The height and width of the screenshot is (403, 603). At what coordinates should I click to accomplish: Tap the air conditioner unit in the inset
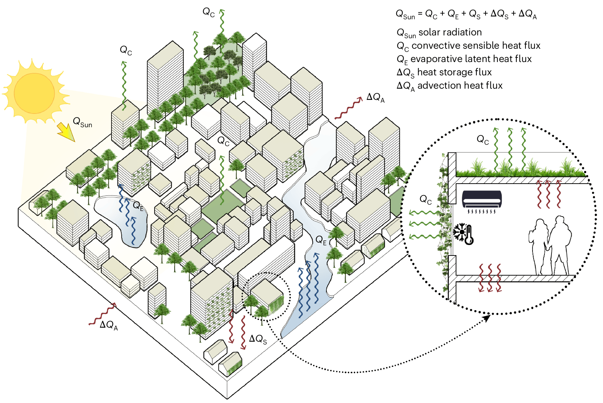[x=482, y=200]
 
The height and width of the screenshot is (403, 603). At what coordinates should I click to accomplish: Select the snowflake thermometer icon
[x=463, y=233]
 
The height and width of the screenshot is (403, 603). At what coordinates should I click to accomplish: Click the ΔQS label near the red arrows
[x=258, y=339]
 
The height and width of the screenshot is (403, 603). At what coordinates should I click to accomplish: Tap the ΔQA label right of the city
[x=375, y=97]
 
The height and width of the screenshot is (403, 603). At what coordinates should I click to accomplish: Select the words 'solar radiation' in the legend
[x=450, y=32]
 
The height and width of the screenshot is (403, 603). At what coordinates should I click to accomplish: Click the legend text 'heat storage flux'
[x=454, y=72]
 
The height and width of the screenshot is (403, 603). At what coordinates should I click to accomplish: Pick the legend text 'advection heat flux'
[x=460, y=86]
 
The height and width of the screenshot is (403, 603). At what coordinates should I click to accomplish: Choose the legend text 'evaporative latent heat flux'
[x=471, y=59]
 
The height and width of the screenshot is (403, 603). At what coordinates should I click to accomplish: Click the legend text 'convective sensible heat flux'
[x=476, y=46]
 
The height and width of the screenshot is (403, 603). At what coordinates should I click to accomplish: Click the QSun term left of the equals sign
[x=405, y=14]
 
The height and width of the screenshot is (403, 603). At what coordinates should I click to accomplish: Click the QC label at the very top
[x=209, y=12]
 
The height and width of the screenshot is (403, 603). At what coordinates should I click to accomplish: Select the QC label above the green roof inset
[x=482, y=139]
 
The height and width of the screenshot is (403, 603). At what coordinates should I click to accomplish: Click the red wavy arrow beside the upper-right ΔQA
[x=348, y=109]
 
